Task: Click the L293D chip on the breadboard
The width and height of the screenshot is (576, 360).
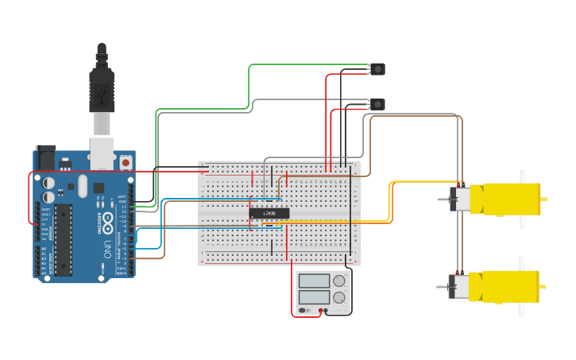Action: (x=269, y=213)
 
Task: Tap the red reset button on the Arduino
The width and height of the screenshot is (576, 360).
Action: (x=126, y=162)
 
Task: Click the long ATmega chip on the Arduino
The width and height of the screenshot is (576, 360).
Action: (x=63, y=238)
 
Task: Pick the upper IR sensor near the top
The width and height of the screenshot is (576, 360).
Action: (x=377, y=69)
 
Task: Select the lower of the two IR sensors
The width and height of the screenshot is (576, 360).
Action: (x=377, y=104)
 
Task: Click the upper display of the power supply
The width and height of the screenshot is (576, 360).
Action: (x=315, y=281)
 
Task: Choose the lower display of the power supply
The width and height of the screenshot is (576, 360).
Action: (x=315, y=298)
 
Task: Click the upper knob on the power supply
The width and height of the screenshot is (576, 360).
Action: (x=339, y=281)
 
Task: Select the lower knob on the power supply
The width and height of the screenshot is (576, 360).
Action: (x=339, y=298)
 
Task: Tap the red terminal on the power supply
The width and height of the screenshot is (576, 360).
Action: (x=320, y=310)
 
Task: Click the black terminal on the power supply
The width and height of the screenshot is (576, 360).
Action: (x=326, y=310)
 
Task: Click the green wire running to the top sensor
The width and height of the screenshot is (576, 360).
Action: (x=250, y=79)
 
